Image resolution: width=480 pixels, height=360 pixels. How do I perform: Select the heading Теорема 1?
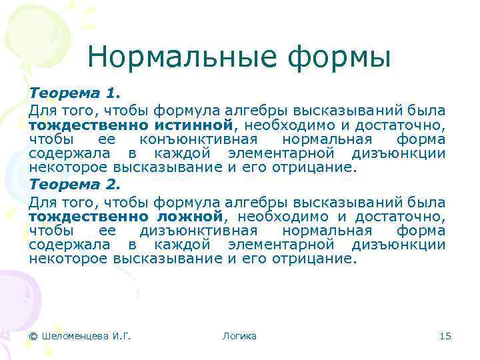pos(73,94)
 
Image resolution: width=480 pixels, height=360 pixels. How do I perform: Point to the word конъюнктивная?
pos(201,139)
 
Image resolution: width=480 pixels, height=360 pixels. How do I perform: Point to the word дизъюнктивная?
pos(201,231)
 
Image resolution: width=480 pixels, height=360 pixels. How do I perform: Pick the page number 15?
pos(445,336)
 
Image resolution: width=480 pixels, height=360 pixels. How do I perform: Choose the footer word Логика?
pos(239,336)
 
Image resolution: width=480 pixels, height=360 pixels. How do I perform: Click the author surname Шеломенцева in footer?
pos(73,336)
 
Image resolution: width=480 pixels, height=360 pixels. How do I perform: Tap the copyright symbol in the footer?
pos(33,336)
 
